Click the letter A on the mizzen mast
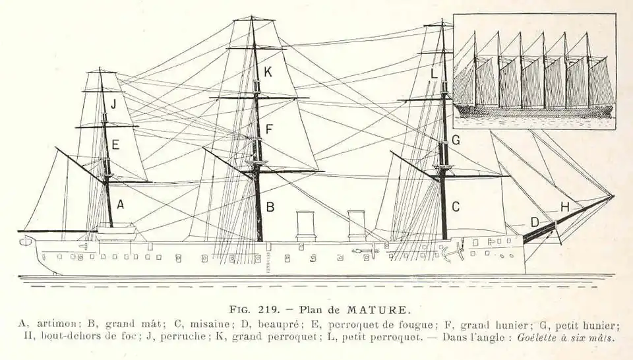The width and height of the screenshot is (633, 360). click(120, 204)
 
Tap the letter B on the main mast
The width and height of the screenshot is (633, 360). click(270, 206)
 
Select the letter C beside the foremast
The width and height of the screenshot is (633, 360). click(455, 206)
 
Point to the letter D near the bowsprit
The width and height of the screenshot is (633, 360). click(535, 222)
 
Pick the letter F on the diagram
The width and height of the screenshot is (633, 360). click(269, 129)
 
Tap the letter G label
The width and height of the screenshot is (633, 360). click(455, 140)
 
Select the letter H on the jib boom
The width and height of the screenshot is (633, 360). click(564, 207)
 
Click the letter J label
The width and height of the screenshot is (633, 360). click(113, 104)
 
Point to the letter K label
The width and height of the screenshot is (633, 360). click(268, 73)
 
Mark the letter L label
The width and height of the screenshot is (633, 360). click(434, 74)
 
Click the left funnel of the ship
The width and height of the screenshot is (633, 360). click(305, 225)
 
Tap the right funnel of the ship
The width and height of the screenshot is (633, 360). click(356, 225)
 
